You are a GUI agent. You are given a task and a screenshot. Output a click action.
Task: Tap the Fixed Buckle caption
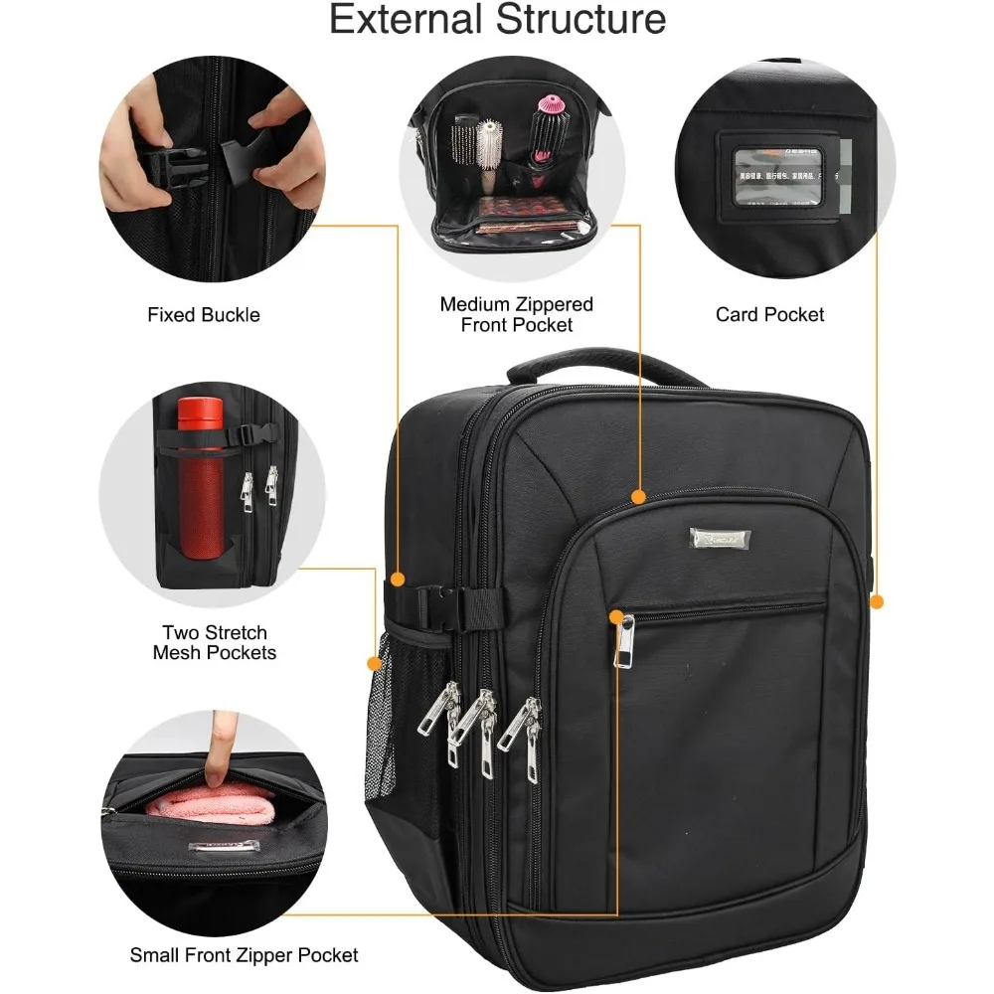click(x=204, y=315)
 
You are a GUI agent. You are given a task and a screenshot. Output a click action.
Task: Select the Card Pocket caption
click(x=770, y=315)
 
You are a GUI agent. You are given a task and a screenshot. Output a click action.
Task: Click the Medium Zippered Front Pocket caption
click(x=517, y=314)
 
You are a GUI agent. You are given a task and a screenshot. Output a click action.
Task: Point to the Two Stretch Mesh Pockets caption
click(x=215, y=642)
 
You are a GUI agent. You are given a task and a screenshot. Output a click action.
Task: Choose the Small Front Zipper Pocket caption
click(x=245, y=955)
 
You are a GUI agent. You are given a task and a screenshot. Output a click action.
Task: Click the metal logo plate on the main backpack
click(x=721, y=538)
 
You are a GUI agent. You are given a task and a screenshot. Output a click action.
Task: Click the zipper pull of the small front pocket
click(x=624, y=641)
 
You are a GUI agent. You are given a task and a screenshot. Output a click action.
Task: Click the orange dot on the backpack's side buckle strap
click(x=398, y=579)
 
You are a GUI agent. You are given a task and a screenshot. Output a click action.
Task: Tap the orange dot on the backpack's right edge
click(x=877, y=601)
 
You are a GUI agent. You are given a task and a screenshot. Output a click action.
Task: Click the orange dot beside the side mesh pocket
click(x=374, y=663)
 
